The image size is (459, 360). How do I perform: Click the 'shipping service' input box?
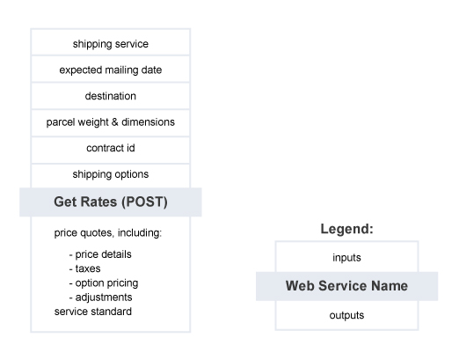[111, 42]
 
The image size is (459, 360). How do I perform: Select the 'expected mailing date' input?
[111, 70]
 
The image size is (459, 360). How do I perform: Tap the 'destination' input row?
[111, 96]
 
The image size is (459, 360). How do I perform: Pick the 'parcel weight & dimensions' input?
[111, 123]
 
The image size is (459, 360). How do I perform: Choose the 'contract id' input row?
[111, 151]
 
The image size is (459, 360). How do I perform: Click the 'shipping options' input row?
[111, 176]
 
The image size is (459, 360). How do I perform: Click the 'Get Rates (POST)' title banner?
[111, 202]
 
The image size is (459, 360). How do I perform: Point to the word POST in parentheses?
[144, 202]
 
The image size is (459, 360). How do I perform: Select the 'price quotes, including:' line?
[108, 233]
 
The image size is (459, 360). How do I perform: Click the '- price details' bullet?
[100, 254]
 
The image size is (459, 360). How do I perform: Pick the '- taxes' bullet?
[84, 268]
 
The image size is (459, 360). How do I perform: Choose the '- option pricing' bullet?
[104, 283]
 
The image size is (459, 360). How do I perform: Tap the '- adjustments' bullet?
[100, 298]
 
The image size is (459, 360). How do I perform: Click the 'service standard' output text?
[93, 312]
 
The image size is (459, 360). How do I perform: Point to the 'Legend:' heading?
[346, 229]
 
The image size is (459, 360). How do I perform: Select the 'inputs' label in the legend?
[346, 258]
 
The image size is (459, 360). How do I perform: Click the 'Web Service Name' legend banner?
[346, 286]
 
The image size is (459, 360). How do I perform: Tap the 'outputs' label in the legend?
[346, 315]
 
